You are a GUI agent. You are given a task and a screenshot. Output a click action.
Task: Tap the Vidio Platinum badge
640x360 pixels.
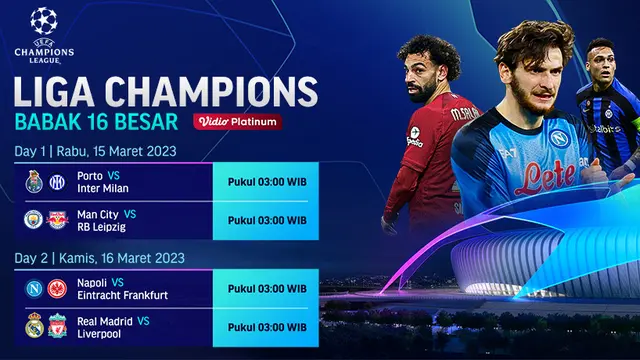coord(237,121)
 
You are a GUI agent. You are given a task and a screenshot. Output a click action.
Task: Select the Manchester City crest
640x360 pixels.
coord(34,219)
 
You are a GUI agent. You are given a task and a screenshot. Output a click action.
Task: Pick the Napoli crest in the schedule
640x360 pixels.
coord(34,288)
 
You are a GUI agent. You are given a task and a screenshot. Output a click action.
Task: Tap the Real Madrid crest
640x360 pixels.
coord(34,325)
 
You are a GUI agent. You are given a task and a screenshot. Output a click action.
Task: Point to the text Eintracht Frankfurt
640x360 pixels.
coord(125,295)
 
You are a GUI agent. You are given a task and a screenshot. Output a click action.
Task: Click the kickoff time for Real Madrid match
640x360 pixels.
coord(267,325)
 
